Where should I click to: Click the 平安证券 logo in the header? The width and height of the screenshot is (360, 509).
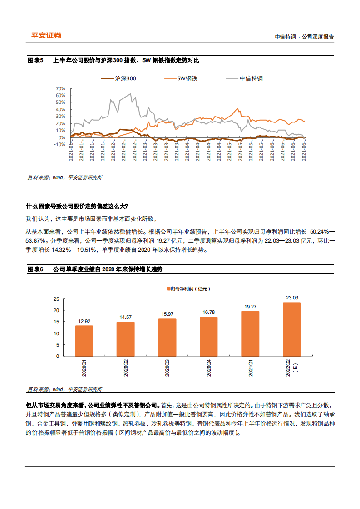coord(46,35)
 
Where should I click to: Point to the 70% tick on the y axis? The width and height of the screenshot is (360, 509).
coord(60,88)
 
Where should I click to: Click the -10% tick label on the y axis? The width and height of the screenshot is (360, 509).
coord(59,144)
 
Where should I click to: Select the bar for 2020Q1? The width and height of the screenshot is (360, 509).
coord(84,341)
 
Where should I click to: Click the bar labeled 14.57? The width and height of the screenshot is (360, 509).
coord(126,339)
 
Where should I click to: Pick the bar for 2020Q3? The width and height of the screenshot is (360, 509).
coord(167,338)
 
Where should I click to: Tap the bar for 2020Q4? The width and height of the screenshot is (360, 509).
coord(208,337)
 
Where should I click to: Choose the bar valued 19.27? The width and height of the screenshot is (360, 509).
coord(250,333)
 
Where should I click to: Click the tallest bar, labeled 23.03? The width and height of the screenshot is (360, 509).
coord(291,329)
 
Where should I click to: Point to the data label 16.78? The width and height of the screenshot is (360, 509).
coord(208,312)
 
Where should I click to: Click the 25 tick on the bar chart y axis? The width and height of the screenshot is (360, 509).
coord(56,299)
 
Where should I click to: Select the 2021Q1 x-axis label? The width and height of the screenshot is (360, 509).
coord(251,367)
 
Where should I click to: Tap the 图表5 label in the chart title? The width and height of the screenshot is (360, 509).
coord(35,60)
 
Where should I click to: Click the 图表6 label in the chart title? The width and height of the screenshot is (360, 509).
coord(35,269)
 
